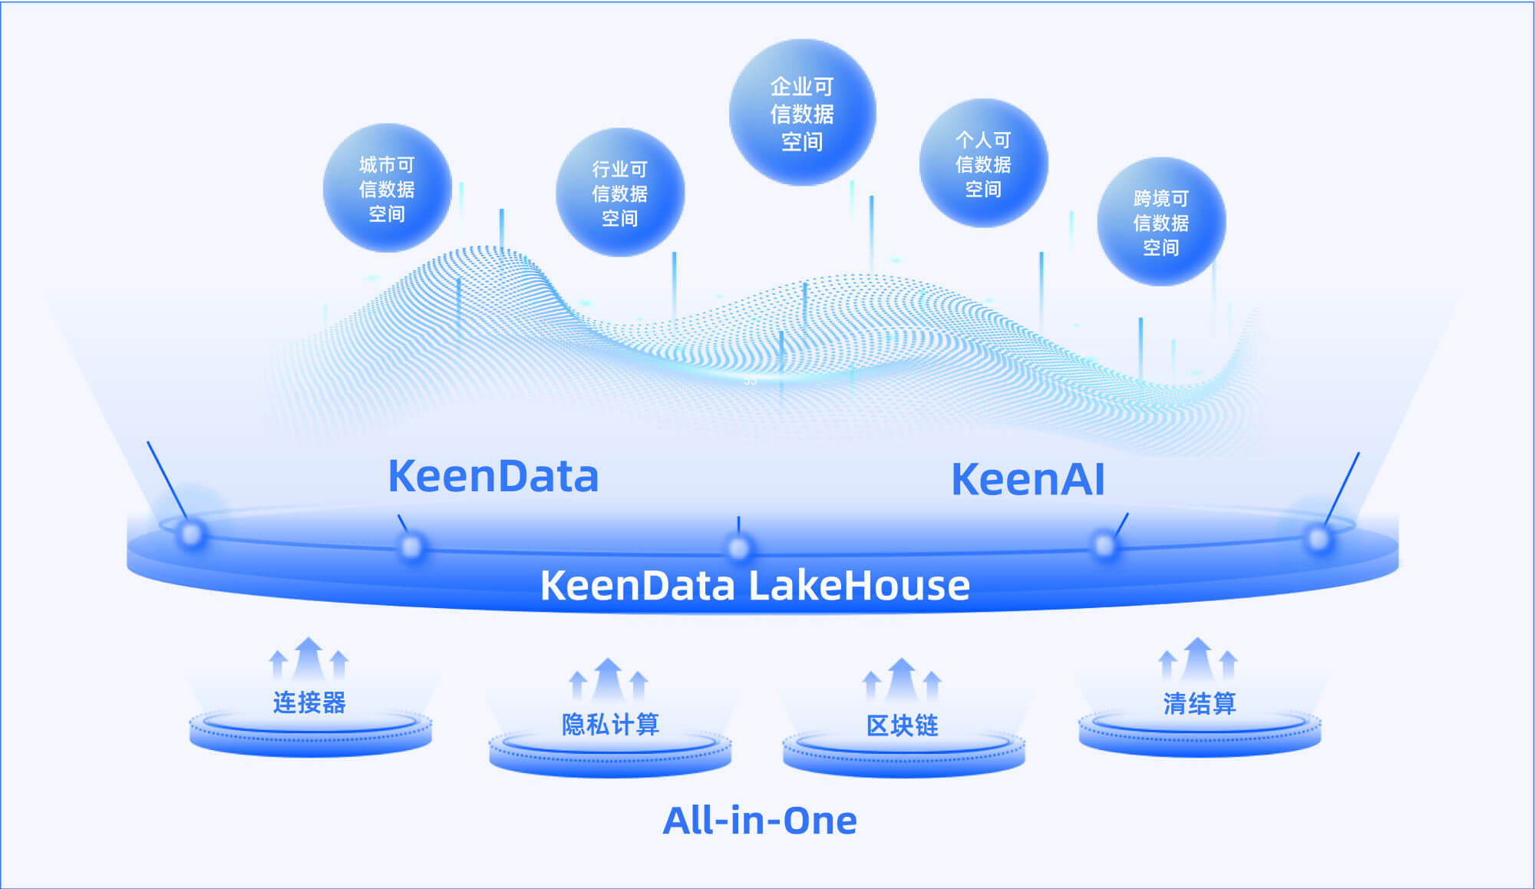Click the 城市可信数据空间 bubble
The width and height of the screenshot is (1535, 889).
coord(387,188)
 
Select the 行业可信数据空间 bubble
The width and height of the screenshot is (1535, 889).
coord(620,193)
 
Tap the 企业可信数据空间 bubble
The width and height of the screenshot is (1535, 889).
coord(802,113)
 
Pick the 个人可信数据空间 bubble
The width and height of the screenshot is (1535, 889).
coord(983,163)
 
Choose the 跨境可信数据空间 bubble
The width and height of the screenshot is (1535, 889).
coord(1161,222)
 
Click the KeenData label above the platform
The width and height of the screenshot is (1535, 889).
coord(493,476)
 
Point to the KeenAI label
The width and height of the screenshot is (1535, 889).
coord(1028,479)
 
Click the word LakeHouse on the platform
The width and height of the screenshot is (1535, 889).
coord(859,585)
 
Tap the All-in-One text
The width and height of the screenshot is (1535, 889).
coord(760,820)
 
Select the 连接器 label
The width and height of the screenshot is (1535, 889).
coord(309,702)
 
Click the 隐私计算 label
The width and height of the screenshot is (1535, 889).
coord(610,724)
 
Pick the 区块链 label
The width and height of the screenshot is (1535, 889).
coord(903,725)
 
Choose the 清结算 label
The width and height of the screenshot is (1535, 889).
coord(1200,702)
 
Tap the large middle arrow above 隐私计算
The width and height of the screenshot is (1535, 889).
coord(609,680)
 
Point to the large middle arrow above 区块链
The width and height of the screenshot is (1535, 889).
coord(902,680)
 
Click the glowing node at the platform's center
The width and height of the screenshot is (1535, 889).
coord(738,548)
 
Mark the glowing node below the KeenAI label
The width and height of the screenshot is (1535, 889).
coord(1104,546)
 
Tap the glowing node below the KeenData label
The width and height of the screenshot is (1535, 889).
coord(411,547)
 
